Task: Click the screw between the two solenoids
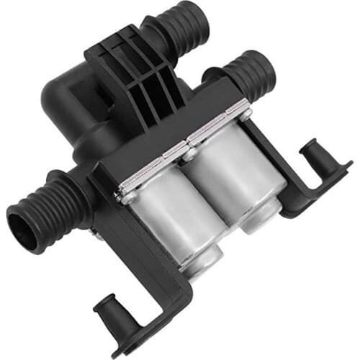[189, 153]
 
